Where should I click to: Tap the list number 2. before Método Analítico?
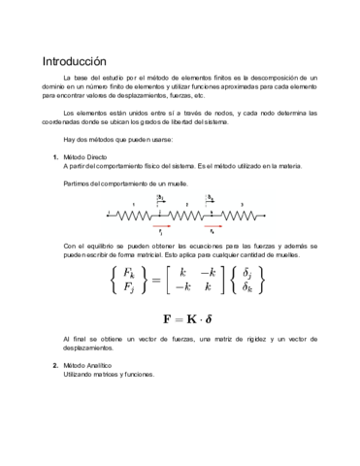(55, 365)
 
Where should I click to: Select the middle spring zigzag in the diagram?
(185, 214)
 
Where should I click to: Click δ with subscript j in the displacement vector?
(248, 272)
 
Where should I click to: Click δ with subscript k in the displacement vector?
(248, 287)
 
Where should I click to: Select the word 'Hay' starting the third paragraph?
(68, 140)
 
